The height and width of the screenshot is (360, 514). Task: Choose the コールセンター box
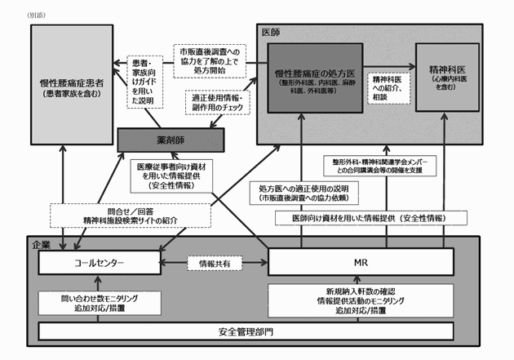pyautogui.click(x=98, y=263)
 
